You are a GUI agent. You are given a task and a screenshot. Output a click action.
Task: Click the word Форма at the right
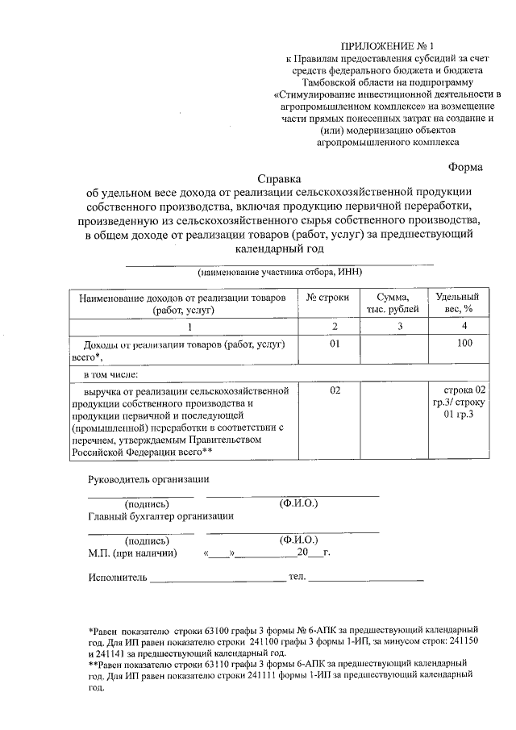pyautogui.click(x=465, y=167)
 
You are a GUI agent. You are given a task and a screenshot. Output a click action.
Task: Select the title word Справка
pyautogui.click(x=277, y=178)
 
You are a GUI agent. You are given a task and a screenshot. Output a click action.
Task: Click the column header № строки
pyautogui.click(x=327, y=298)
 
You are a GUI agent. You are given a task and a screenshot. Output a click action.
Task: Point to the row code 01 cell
pyautogui.click(x=327, y=344)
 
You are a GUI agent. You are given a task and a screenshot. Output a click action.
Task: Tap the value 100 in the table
pyautogui.click(x=464, y=344)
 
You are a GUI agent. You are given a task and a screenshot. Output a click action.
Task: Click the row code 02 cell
pyautogui.click(x=327, y=390)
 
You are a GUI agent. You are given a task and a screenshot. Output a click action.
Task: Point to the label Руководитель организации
pyautogui.click(x=141, y=480)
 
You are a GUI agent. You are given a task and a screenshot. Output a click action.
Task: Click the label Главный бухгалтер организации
pyautogui.click(x=160, y=516)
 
